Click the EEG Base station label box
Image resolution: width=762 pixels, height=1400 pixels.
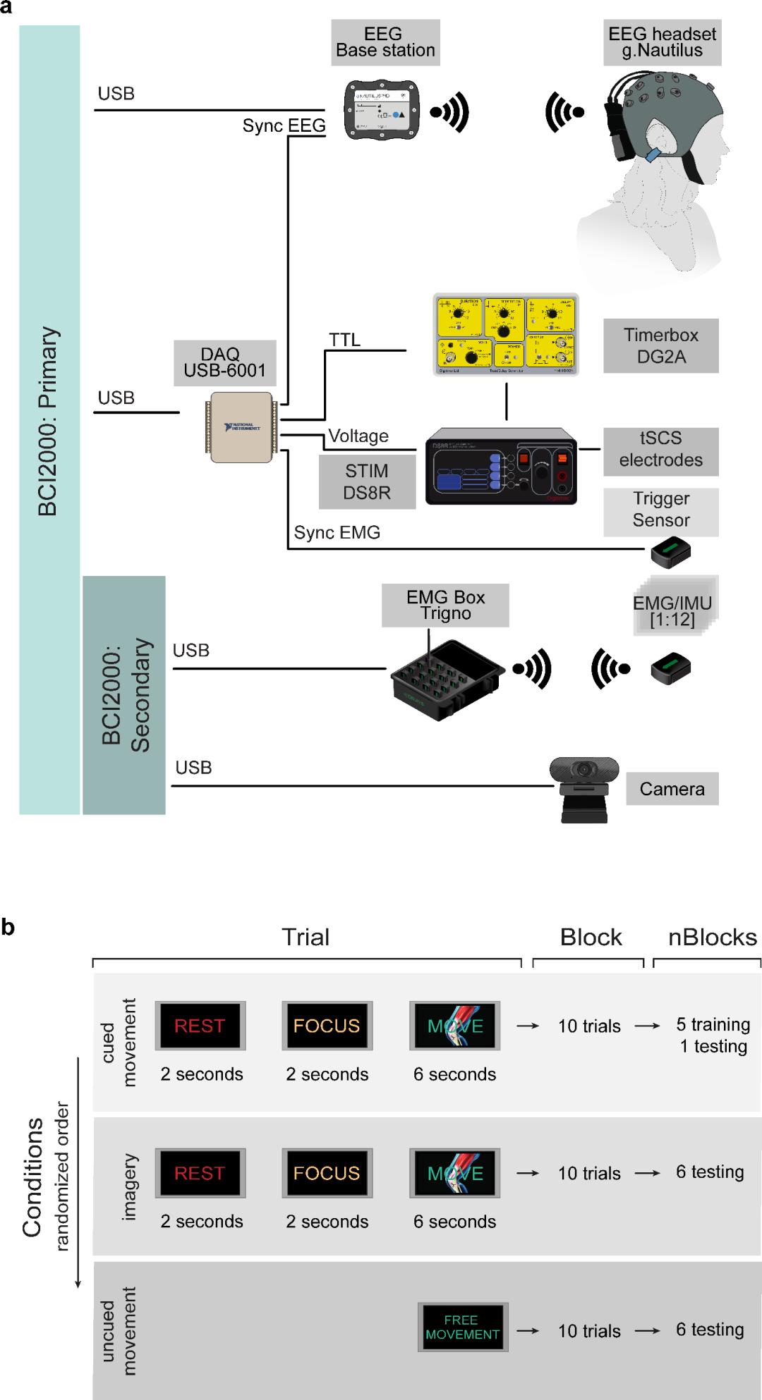(x=385, y=43)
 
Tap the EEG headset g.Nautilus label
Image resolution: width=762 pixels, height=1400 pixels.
(x=662, y=43)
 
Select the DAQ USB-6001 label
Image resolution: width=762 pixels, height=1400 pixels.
(x=224, y=363)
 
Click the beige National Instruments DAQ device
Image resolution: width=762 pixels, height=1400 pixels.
(x=241, y=427)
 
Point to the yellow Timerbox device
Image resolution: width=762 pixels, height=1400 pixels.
(x=505, y=335)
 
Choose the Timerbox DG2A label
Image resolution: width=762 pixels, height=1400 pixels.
(x=660, y=345)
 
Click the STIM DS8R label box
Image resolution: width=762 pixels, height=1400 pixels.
(x=367, y=481)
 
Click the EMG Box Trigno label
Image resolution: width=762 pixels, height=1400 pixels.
(x=445, y=606)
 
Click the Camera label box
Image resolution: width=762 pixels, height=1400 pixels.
(x=672, y=789)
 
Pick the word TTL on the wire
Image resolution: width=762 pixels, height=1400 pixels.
(x=344, y=340)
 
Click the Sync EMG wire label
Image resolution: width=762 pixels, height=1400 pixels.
(x=337, y=532)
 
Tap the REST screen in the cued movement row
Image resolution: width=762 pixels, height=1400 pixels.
(x=200, y=1026)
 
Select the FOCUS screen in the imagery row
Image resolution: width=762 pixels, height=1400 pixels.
(x=327, y=1173)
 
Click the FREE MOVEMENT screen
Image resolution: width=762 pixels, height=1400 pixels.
(x=463, y=1327)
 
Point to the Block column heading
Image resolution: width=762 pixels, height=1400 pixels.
(x=591, y=938)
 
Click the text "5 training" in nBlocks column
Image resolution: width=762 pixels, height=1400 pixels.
(x=713, y=1024)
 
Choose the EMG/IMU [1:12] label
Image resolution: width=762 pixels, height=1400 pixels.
(x=672, y=611)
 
